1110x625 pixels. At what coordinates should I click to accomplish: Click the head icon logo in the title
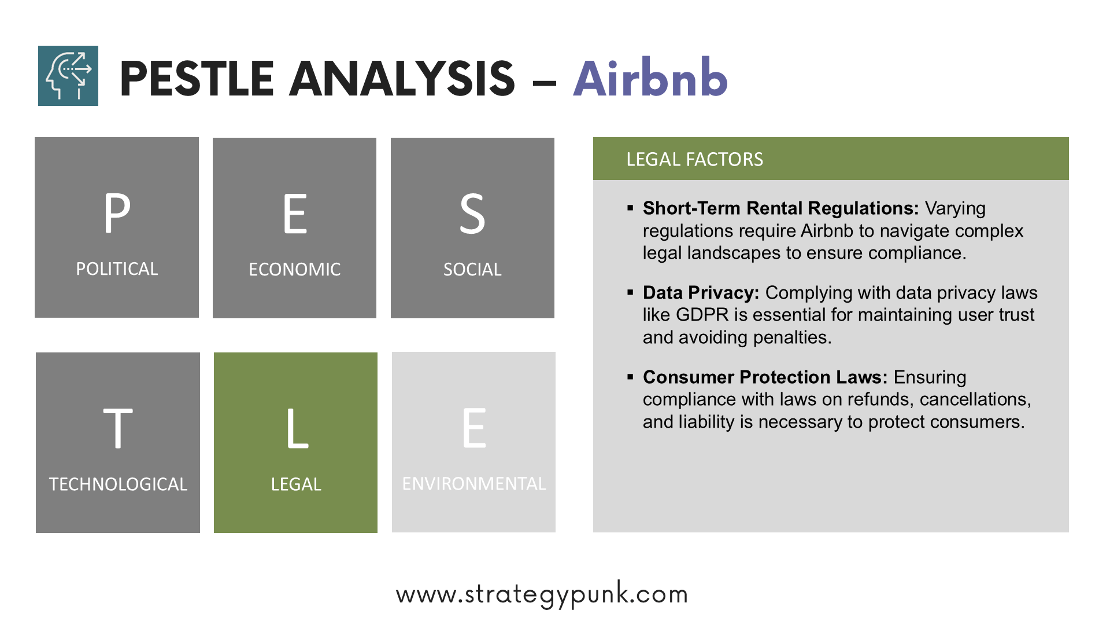tap(68, 76)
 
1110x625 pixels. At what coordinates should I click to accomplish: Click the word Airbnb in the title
tap(650, 78)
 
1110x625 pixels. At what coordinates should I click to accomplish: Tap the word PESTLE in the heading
tap(197, 79)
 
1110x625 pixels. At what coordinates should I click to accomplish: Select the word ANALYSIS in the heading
tap(402, 79)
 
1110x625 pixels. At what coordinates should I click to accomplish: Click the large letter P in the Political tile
tap(117, 213)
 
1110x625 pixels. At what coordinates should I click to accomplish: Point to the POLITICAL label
tap(117, 269)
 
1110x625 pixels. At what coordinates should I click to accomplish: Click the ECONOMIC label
tap(295, 270)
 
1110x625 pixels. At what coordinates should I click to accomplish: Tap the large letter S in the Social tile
tap(472, 214)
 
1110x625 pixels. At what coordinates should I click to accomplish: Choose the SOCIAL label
tap(472, 270)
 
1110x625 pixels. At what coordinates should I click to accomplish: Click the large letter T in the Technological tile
tap(118, 428)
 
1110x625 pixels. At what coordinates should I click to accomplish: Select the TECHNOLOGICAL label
tap(118, 484)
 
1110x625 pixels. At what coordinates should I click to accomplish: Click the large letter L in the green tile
tap(297, 428)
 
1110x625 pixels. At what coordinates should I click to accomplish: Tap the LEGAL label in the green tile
tap(296, 484)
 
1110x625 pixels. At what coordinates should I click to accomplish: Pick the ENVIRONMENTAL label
tap(474, 484)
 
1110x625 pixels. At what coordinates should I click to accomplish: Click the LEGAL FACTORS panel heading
tap(695, 159)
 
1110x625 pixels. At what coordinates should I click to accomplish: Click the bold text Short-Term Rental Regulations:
tap(780, 208)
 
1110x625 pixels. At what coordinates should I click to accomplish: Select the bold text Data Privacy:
tap(701, 293)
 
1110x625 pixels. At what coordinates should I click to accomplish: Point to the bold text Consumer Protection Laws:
tap(765, 377)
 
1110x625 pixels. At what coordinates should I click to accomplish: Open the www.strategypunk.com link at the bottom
tap(542, 594)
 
